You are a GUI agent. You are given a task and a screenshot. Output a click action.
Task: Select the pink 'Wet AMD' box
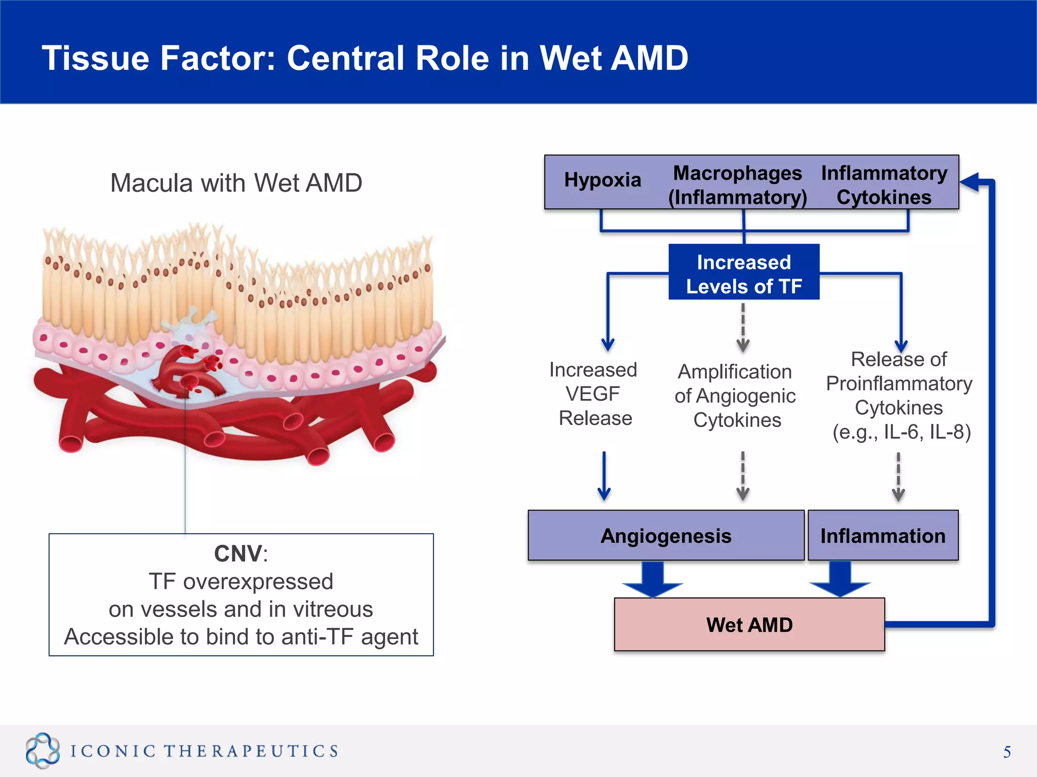[x=749, y=625]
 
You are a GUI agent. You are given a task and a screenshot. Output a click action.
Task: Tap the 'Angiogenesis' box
[x=665, y=536]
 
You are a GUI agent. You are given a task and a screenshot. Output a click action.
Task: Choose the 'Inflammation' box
[x=883, y=536]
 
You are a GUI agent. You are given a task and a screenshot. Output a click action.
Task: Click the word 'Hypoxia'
[x=602, y=180]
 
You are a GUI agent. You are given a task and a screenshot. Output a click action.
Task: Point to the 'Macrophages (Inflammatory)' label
[x=737, y=185]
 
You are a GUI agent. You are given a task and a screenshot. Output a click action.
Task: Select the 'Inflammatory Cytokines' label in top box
[x=884, y=185]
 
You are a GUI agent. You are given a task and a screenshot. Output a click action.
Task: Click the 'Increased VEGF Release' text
[x=593, y=394]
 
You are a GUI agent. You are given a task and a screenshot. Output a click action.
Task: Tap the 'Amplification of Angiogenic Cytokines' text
[x=735, y=396]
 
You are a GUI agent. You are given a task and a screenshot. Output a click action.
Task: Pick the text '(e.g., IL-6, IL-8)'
[x=901, y=432]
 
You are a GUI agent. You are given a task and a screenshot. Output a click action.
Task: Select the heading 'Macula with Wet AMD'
[x=236, y=183]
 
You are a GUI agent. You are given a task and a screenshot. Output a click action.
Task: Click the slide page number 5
[x=1007, y=752]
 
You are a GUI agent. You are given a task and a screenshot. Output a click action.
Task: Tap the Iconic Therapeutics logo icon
[x=43, y=750]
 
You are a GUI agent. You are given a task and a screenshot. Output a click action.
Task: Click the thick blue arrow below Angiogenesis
[x=653, y=580]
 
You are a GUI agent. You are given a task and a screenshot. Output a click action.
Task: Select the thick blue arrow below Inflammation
[x=840, y=580]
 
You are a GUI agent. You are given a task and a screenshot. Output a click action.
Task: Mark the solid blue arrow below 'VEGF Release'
[x=604, y=476]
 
